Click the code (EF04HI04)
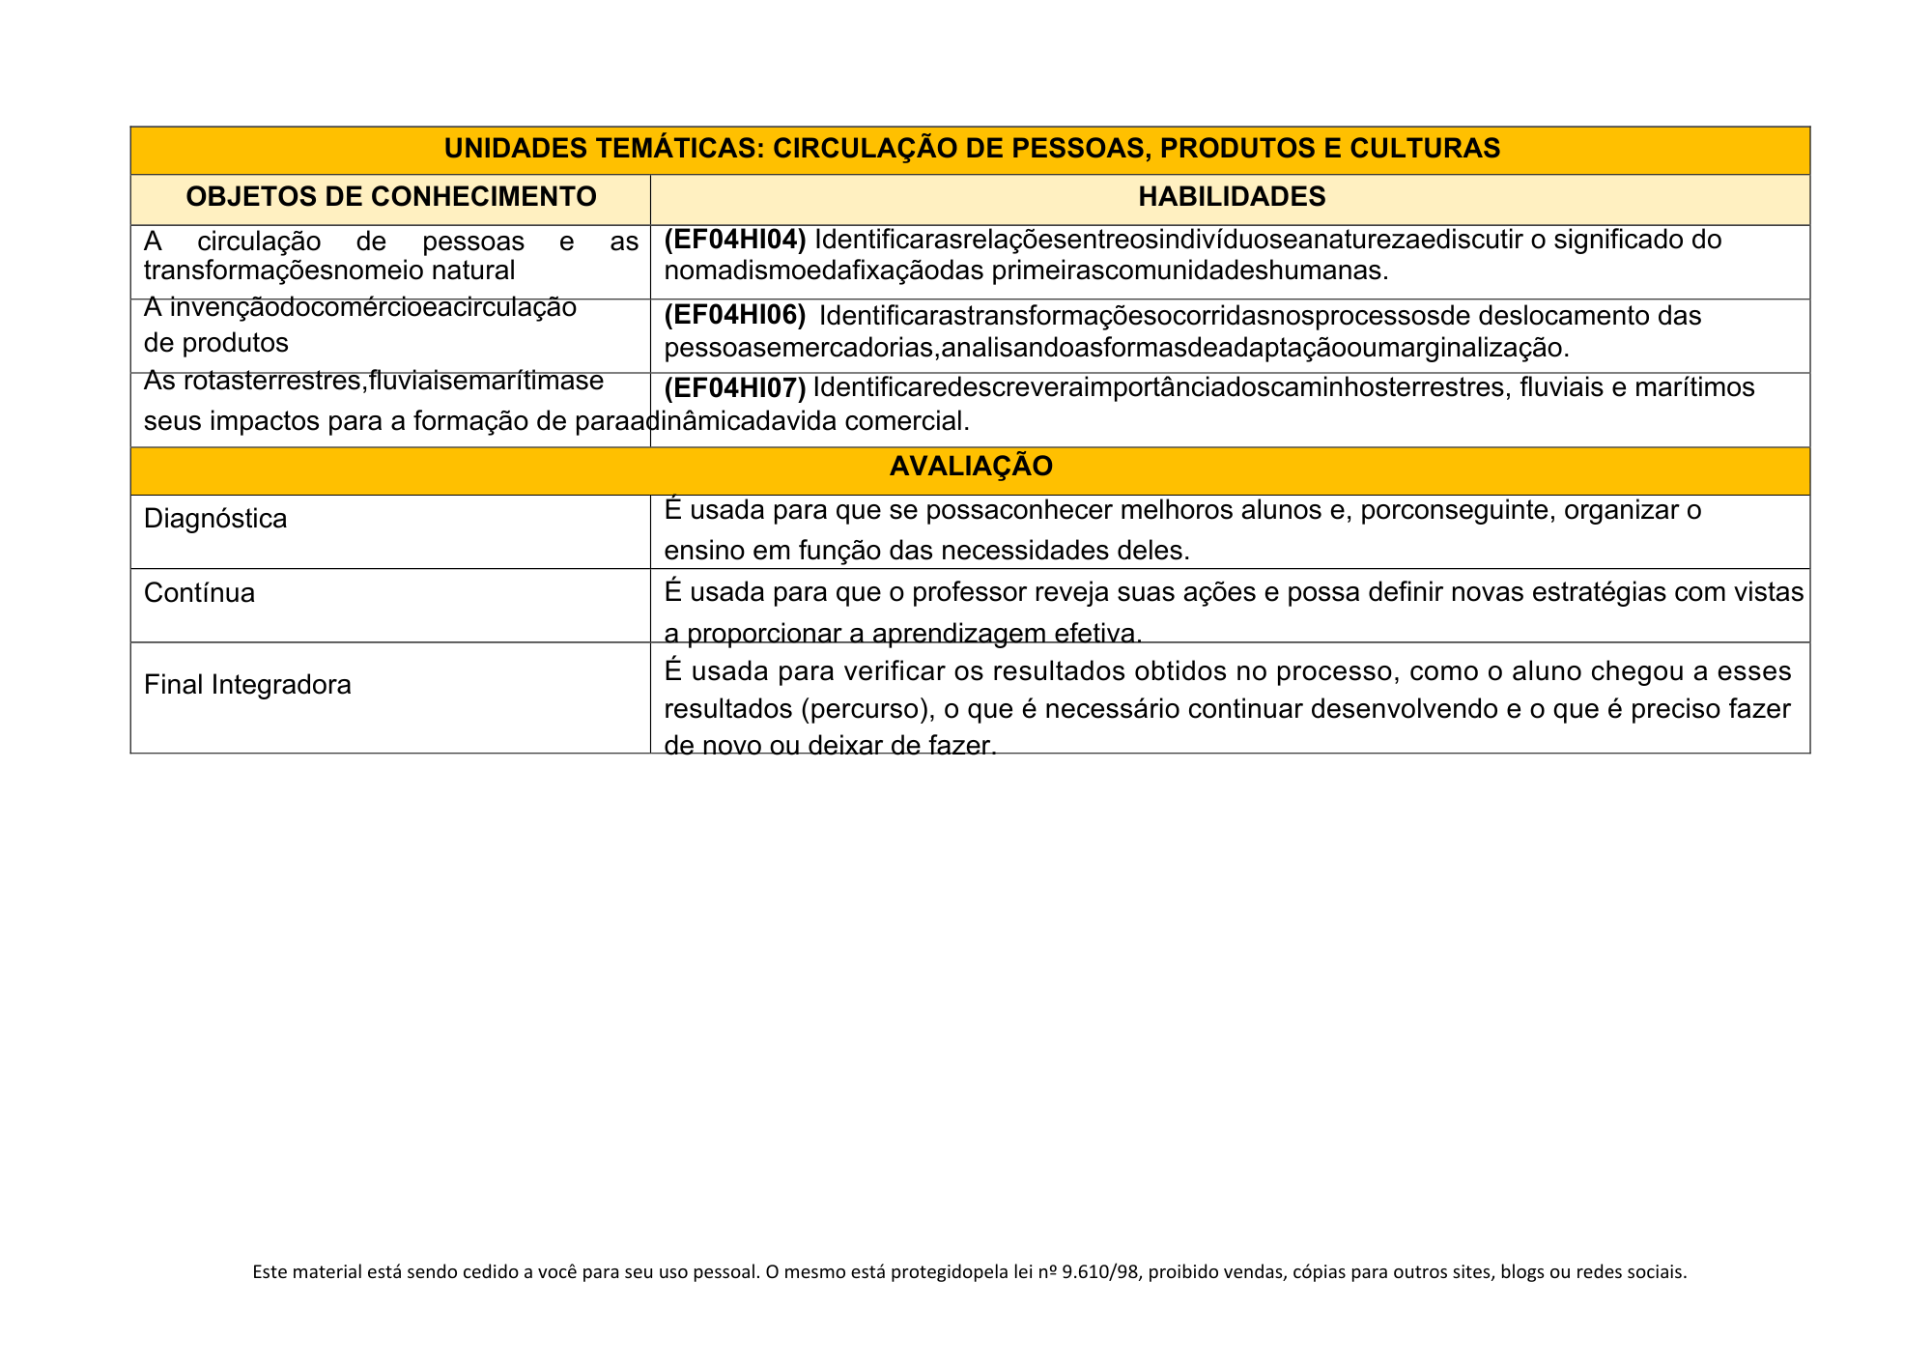point(735,239)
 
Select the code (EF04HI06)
point(735,315)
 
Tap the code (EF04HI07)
point(735,387)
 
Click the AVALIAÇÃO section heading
point(970,467)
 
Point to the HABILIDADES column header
point(1232,197)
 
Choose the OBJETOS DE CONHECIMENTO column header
point(391,197)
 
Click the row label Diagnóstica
point(215,519)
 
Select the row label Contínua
point(199,592)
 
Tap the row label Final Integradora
point(247,685)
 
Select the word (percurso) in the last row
point(865,709)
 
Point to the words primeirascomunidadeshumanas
point(1190,270)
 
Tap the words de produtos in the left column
point(216,342)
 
